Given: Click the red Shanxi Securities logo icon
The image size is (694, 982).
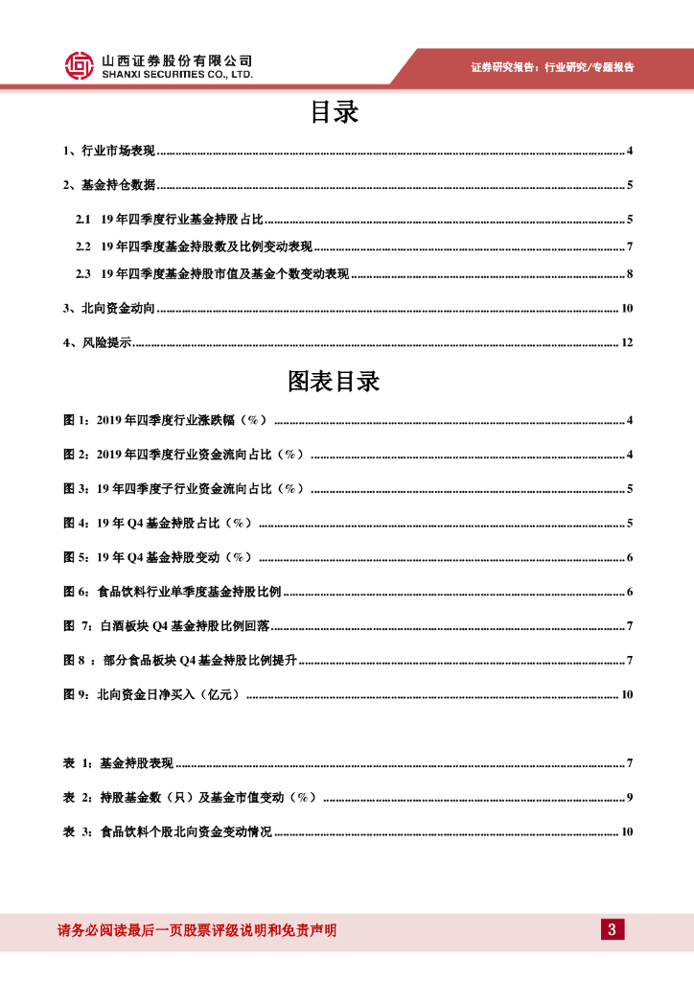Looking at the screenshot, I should coord(79,65).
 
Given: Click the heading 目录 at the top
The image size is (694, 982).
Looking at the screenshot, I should coord(334,113).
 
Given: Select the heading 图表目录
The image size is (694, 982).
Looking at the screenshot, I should coord(334,382).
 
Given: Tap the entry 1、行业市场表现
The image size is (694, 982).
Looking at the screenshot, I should coord(108,152).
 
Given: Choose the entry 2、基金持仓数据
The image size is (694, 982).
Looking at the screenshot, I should coord(108,185).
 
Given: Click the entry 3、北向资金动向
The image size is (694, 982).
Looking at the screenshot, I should coord(108,309).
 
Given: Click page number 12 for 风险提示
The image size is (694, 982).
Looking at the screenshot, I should coord(627,342).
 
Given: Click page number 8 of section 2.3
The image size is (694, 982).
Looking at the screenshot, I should coord(630,274).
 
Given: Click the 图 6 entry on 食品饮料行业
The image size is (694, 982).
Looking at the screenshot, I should coord(173,592).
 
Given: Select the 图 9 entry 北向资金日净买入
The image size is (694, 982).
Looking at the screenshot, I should coord(152,694).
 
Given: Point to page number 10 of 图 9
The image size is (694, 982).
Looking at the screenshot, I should coord(627,694).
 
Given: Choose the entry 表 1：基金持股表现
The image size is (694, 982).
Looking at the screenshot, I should coord(118,763).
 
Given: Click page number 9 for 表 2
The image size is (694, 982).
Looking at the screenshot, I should coord(630,797).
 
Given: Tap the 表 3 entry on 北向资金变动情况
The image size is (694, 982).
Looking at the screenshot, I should coord(167,831).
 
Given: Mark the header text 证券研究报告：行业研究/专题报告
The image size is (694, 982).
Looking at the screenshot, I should coord(553,67).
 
